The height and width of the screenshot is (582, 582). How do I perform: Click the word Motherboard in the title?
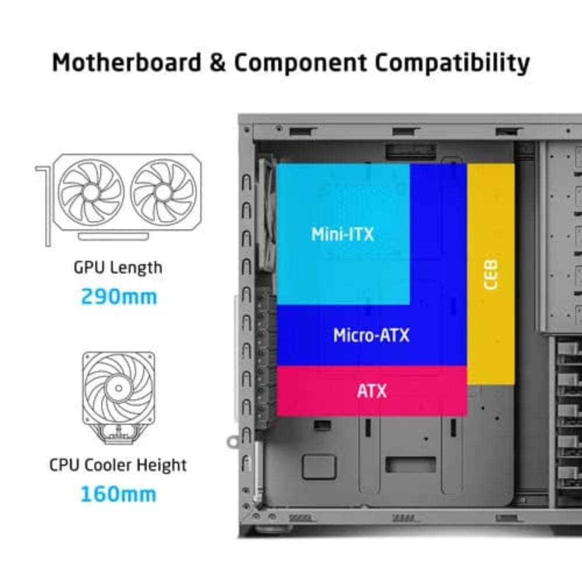tap(126, 62)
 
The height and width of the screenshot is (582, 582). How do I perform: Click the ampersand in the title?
tap(217, 62)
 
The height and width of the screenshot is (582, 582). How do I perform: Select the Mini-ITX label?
tap(342, 234)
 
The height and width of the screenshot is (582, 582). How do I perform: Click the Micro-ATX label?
tap(371, 335)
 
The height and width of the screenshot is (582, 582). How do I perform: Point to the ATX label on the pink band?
tap(371, 391)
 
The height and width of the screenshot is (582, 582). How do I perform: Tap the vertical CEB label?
tap(491, 275)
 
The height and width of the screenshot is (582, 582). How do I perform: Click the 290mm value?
tap(119, 297)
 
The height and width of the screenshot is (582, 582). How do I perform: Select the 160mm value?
tap(118, 494)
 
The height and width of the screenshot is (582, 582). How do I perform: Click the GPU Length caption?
tap(118, 268)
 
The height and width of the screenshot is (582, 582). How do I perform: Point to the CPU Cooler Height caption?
tap(118, 466)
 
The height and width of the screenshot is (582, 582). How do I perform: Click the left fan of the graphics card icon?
tap(90, 191)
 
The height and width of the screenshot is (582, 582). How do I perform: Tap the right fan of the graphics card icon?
tap(164, 191)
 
